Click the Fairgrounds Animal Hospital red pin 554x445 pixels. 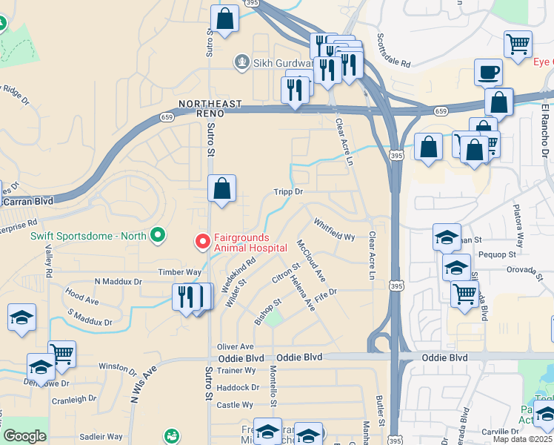point(201,242)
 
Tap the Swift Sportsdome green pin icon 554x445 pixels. point(157,236)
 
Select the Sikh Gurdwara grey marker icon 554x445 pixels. point(241,62)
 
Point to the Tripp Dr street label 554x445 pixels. point(289,191)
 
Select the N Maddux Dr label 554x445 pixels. point(118,282)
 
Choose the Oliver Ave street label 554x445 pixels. point(236,346)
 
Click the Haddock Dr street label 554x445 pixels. point(238,387)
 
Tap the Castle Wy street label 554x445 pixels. point(236,405)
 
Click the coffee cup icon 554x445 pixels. point(489,73)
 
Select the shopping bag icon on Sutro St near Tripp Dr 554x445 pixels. point(221,189)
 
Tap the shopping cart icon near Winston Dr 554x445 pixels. point(62,355)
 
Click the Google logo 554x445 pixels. point(24,436)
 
